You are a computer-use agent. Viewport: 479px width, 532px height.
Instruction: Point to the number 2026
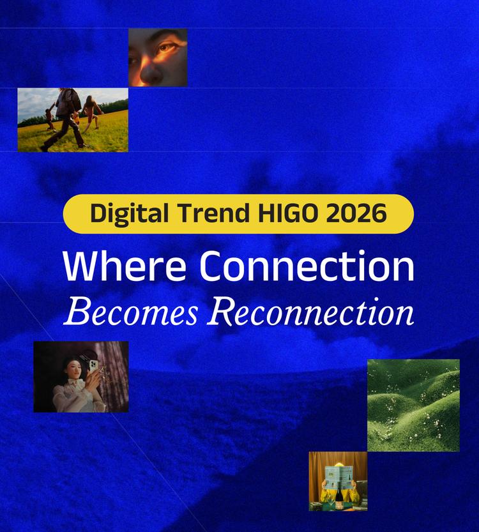356,213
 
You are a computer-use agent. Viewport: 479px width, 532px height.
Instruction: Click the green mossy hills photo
413,405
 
